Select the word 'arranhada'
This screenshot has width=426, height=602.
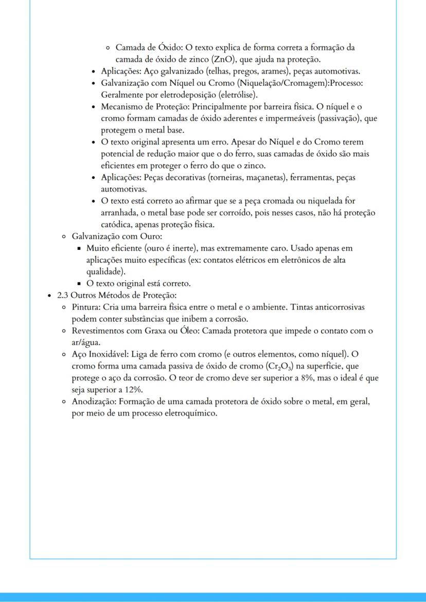119,213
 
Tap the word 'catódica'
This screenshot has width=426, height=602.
116,225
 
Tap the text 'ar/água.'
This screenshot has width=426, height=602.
85,343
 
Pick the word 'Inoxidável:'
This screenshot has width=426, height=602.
107,355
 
